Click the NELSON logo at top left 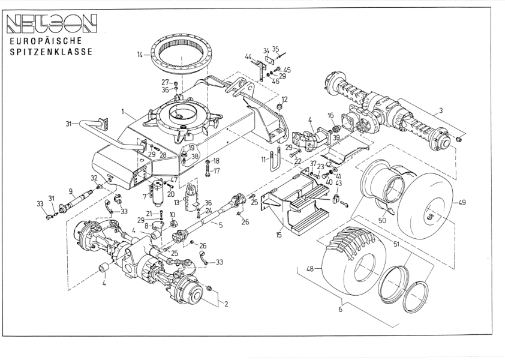tap(50, 24)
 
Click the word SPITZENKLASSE tap(50, 52)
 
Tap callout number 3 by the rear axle tap(441, 110)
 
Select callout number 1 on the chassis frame tap(124, 112)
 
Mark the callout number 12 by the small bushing tap(285, 100)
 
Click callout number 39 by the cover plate tap(336, 138)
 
